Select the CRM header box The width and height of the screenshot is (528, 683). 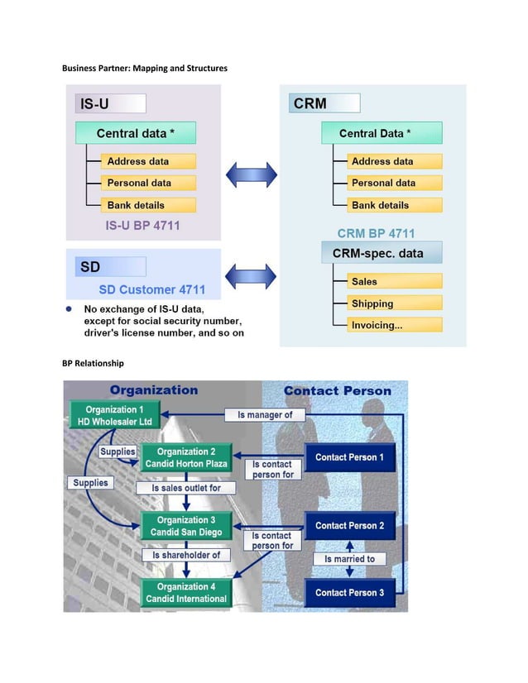click(x=324, y=103)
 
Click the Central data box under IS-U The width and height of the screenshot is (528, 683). click(x=136, y=133)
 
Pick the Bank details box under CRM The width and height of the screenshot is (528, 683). click(x=394, y=205)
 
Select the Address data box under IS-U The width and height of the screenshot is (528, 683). click(x=148, y=161)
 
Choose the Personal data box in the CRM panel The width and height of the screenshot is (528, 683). click(x=394, y=183)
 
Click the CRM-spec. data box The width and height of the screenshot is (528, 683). click(x=382, y=252)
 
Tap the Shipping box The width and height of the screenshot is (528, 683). click(x=394, y=303)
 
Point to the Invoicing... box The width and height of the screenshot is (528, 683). click(x=394, y=325)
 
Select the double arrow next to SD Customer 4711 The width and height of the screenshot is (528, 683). click(x=251, y=275)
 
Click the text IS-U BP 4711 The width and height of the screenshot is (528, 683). click(x=142, y=225)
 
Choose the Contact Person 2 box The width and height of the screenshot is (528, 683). click(x=348, y=526)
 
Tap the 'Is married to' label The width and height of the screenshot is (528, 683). click(x=348, y=559)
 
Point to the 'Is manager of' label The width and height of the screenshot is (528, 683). click(x=265, y=414)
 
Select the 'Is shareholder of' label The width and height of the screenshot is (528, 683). click(x=185, y=555)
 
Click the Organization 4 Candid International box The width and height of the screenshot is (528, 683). click(x=185, y=593)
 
